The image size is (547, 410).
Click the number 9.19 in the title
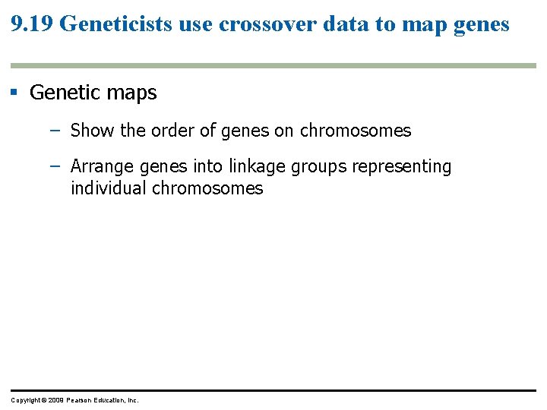[32, 24]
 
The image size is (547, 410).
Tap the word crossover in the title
[257, 24]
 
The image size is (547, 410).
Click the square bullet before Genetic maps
[14, 93]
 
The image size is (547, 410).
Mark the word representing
[403, 166]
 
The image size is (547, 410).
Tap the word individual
[109, 188]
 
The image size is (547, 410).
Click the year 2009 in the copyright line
[55, 400]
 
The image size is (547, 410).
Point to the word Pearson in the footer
[80, 400]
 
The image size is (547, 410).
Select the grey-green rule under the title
[273, 66]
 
